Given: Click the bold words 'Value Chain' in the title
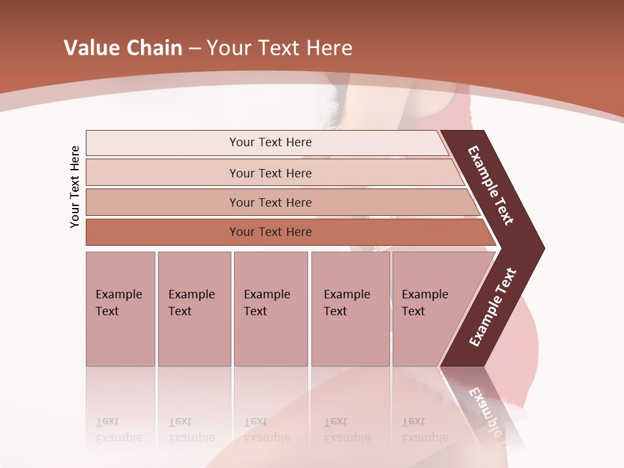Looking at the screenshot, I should [x=123, y=48].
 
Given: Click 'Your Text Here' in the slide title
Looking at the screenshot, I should [x=279, y=48].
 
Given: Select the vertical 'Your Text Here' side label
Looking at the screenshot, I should [x=75, y=187].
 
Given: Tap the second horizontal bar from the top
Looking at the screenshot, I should [x=270, y=173].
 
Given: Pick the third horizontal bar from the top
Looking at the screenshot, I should [x=270, y=202].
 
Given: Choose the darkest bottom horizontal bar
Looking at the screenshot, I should [x=270, y=232].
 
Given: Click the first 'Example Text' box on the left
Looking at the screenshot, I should [x=120, y=309].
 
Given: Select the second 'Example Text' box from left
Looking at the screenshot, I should [x=194, y=309].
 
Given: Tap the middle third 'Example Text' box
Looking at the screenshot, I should [x=270, y=309].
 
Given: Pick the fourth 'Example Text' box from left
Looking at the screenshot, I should [x=350, y=309].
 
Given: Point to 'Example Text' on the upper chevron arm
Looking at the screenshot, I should [x=491, y=185].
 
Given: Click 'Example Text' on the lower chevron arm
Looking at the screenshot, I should [x=493, y=307].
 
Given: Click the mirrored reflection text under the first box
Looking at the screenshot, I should [x=118, y=430].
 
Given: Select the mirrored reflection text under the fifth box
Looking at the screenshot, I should [x=424, y=430].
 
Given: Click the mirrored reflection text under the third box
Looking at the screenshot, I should [x=266, y=430].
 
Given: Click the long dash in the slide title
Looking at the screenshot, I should [x=194, y=49].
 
